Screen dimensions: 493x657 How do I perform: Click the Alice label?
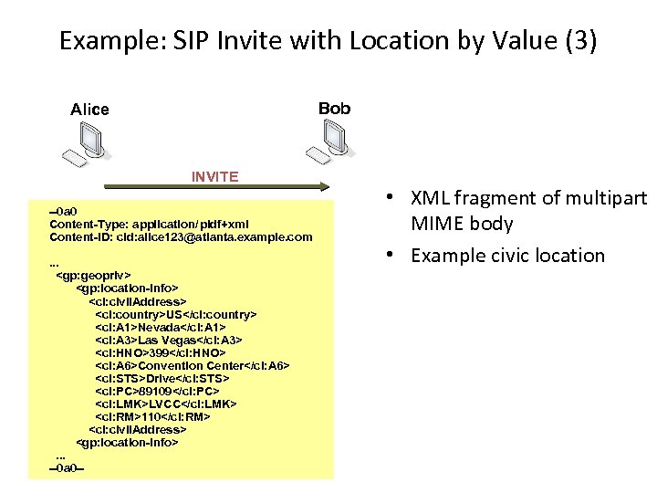pos(89,110)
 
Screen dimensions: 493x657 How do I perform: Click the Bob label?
pos(334,109)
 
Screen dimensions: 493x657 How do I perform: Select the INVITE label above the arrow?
pos(214,176)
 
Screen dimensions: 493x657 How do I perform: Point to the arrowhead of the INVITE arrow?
pos(323,187)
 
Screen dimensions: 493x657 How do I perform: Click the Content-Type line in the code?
pos(149,224)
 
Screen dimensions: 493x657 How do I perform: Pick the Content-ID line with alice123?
pos(181,237)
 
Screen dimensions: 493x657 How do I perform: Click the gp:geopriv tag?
pos(93,274)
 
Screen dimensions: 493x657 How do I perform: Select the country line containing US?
pos(176,314)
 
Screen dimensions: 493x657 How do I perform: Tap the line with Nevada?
pos(161,327)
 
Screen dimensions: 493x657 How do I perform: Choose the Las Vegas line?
pos(169,340)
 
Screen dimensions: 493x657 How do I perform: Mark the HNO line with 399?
pos(161,352)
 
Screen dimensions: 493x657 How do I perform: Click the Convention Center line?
pos(193,365)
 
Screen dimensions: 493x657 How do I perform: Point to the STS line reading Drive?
pos(162,378)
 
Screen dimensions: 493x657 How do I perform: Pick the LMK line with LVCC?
pos(166,404)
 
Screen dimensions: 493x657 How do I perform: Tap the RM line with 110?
pos(152,416)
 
